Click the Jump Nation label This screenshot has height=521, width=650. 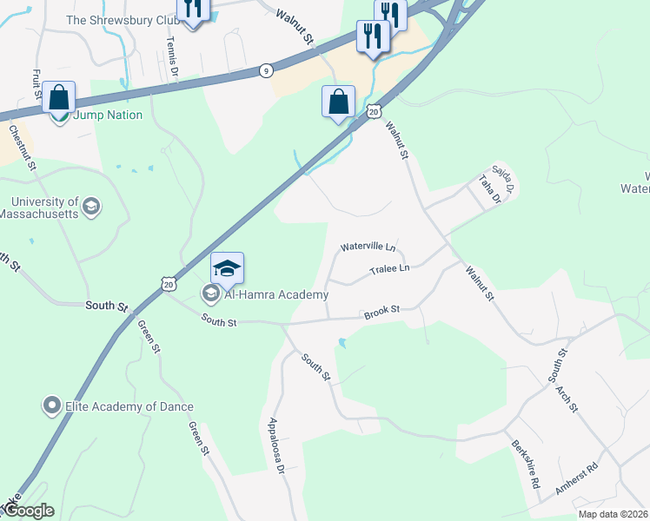point(107,115)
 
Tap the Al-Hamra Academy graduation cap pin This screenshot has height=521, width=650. point(227,268)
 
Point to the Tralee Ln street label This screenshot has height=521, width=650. point(388,269)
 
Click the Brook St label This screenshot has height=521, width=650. point(381,309)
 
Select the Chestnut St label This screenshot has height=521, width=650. point(23,148)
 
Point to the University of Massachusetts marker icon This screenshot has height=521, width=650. point(91,207)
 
